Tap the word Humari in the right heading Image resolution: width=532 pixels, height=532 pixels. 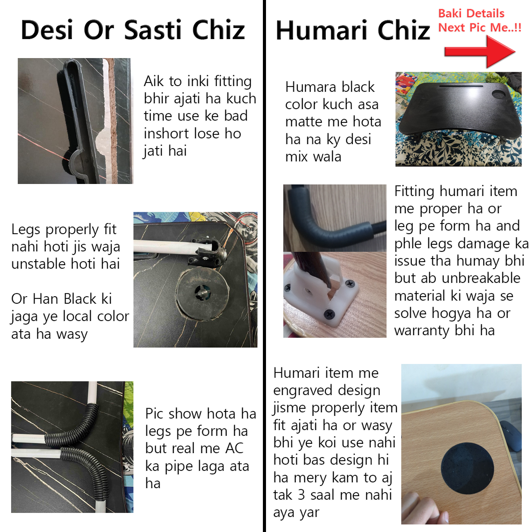pos(321,31)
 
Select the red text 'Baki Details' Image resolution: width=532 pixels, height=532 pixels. pos(471,13)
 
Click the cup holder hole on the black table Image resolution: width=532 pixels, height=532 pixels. pos(499,94)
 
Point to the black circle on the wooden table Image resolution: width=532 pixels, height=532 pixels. pos(467,468)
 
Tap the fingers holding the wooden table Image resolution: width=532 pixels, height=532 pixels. pos(425,509)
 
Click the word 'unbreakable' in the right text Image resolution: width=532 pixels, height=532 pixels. pos(481,278)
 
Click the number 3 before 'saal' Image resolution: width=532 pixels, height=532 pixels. pos(301,495)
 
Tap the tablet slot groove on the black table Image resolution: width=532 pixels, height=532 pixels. pos(461,86)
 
